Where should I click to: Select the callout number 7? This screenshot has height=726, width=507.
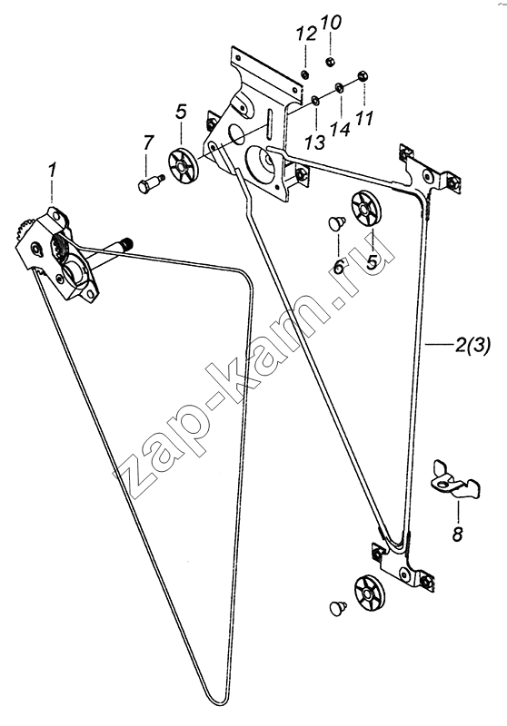(x=147, y=143)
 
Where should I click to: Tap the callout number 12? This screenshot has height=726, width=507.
(x=306, y=34)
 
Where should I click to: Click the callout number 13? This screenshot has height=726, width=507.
(x=316, y=142)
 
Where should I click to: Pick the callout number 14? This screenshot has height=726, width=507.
(x=341, y=130)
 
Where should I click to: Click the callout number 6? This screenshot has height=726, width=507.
(x=338, y=267)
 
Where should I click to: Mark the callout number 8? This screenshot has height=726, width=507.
(x=457, y=534)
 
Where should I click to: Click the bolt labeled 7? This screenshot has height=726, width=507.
(x=148, y=183)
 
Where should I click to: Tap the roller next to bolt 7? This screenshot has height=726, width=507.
(x=183, y=166)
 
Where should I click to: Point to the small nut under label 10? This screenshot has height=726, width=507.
(x=331, y=62)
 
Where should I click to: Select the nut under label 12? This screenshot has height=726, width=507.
(x=305, y=74)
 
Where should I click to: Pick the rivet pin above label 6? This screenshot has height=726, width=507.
(x=336, y=224)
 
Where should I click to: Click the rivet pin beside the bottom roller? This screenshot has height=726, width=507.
(x=338, y=607)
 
